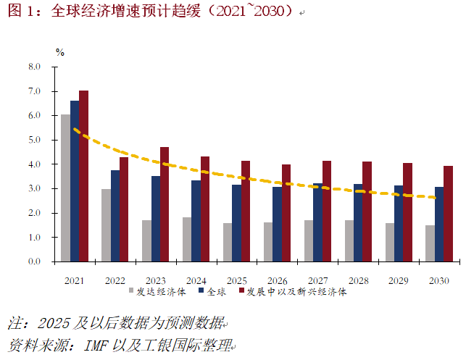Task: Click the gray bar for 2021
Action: (65, 188)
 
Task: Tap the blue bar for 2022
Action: (115, 216)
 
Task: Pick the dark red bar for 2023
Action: (165, 204)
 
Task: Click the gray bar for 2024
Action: (188, 239)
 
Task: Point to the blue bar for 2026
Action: (278, 224)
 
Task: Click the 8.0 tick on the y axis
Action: (34, 67)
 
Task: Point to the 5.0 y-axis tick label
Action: (34, 140)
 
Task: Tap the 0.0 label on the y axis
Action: (34, 261)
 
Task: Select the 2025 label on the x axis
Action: (236, 280)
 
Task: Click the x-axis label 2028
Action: (358, 280)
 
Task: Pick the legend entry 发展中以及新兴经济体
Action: (296, 292)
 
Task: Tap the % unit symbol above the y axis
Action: (60, 52)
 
